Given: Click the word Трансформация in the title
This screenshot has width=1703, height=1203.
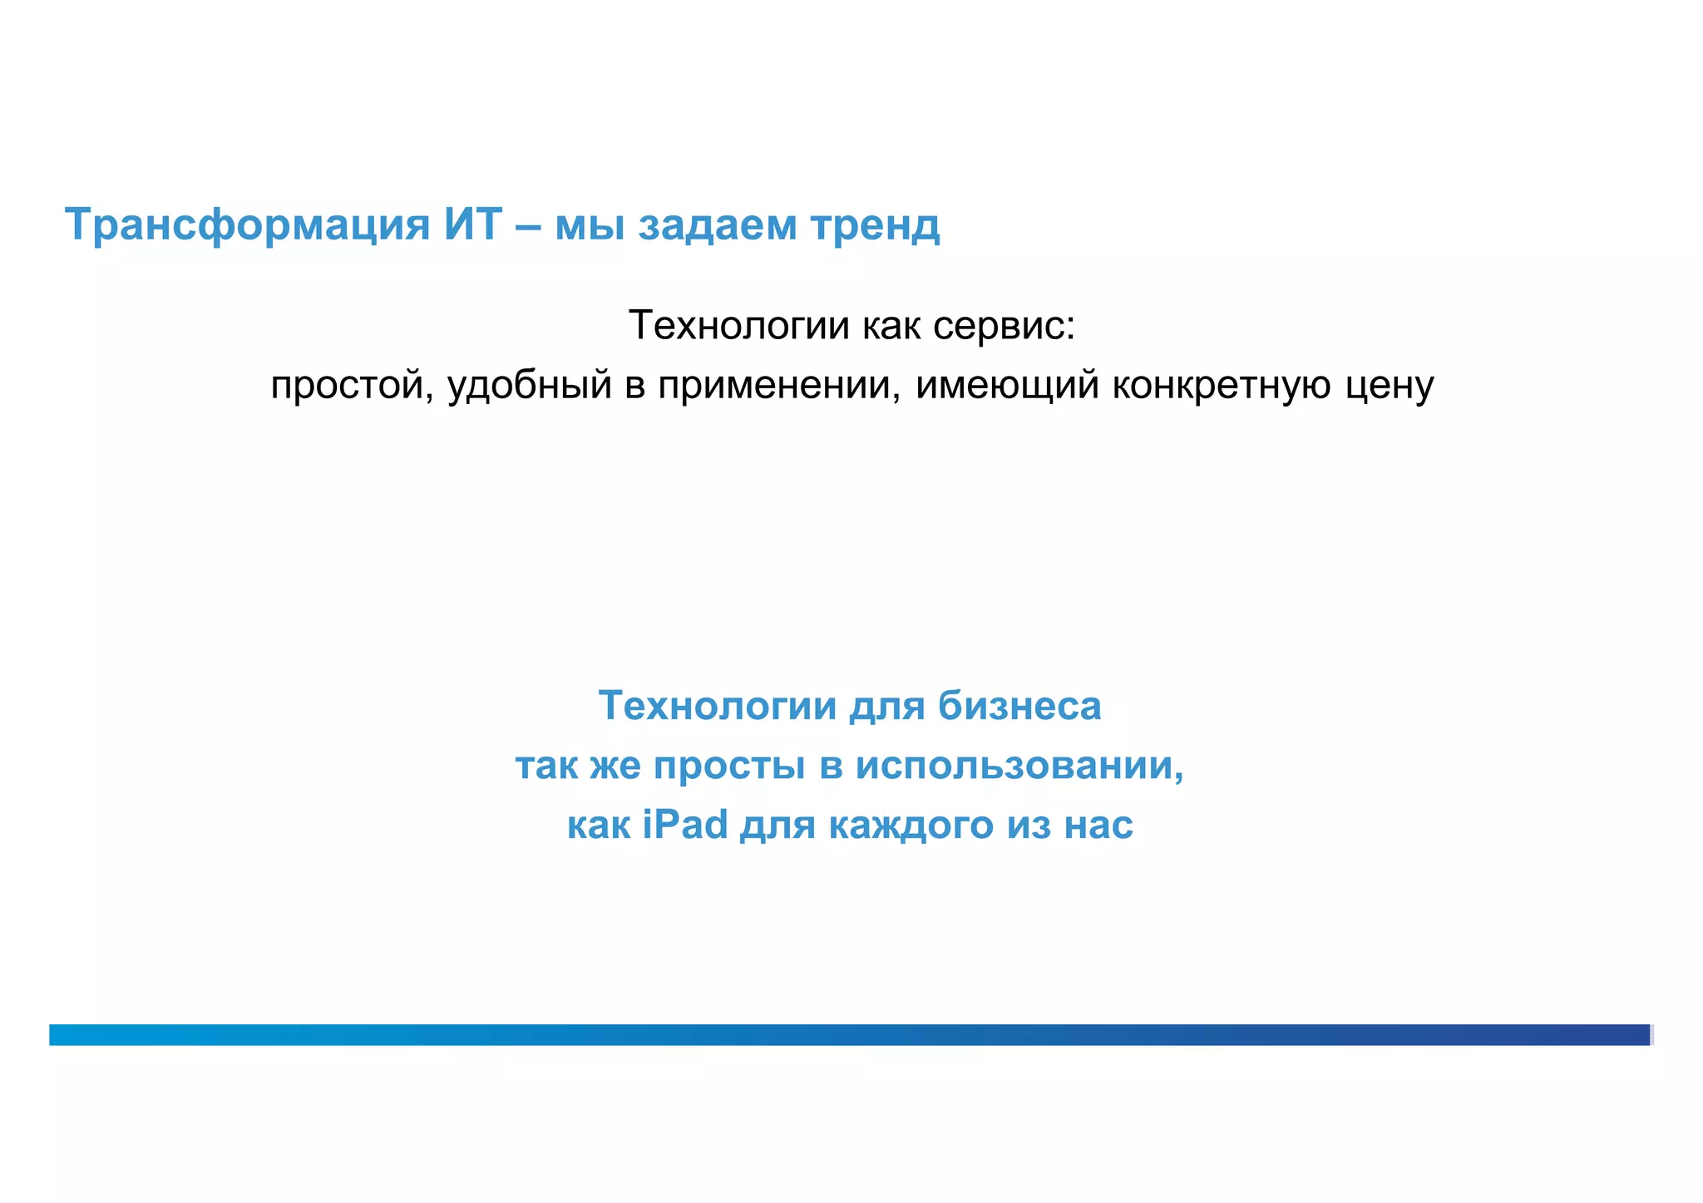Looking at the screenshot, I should pos(247,225).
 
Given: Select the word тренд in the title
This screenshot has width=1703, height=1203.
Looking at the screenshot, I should pos(875,225).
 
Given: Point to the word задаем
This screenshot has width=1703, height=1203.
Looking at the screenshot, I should pos(718,225).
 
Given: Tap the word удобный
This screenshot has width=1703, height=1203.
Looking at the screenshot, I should pos(530,386).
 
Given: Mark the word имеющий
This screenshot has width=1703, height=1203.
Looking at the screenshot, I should pos(1007,386).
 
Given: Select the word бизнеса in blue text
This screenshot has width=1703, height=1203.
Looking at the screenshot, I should pos(1019,706).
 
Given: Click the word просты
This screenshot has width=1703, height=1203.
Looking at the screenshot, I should pos(729,766).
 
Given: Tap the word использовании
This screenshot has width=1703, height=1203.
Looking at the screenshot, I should pos(1019,766).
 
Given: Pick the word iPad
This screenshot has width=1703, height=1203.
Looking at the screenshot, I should pos(685,825).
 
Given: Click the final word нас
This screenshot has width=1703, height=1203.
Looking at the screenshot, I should pos(1098,826).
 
